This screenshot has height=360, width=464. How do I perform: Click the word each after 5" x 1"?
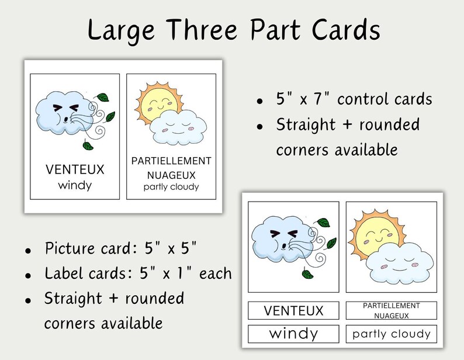click(216, 273)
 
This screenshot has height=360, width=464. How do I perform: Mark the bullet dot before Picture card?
click(28, 250)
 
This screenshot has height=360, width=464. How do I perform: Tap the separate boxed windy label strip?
click(293, 334)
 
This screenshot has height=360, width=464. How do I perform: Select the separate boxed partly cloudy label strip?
click(391, 334)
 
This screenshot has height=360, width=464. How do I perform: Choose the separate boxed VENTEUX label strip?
click(293, 310)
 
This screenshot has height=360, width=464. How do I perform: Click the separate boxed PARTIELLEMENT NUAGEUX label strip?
click(391, 310)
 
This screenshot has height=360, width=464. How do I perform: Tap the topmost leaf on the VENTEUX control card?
click(102, 98)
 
